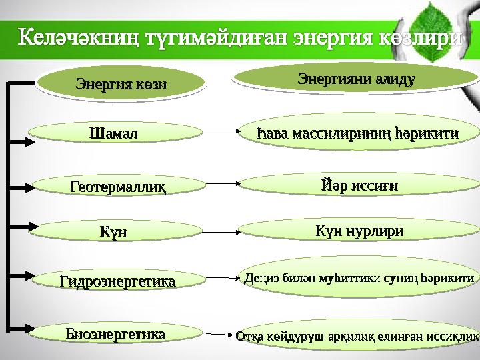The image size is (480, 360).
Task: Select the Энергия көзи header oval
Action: [120, 85]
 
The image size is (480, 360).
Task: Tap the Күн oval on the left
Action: [113, 233]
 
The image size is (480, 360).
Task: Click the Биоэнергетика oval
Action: [117, 333]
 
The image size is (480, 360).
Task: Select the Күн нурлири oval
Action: [359, 231]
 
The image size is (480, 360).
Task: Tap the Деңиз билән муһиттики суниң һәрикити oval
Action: [359, 275]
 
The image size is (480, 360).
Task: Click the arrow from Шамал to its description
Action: [221, 132]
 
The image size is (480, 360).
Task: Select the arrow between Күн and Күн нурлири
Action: [221, 233]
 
